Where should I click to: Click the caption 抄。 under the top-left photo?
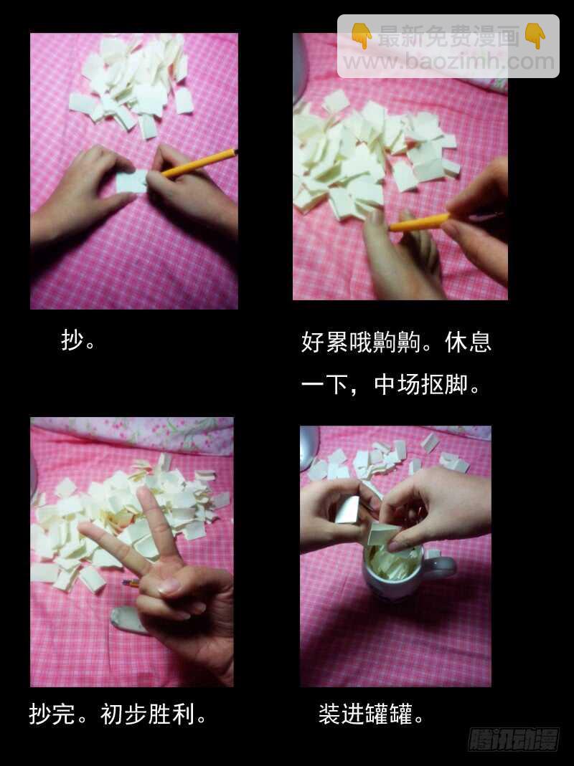(78, 340)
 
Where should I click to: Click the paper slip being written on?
(131, 181)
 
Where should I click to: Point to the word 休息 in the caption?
(469, 342)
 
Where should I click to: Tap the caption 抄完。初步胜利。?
(118, 714)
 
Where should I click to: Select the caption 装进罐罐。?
(371, 714)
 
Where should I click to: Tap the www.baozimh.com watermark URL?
(448, 62)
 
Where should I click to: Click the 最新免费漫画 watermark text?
(448, 36)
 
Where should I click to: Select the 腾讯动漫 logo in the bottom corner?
(514, 739)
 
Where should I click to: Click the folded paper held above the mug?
(383, 534)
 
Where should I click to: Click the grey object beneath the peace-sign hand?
(126, 620)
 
